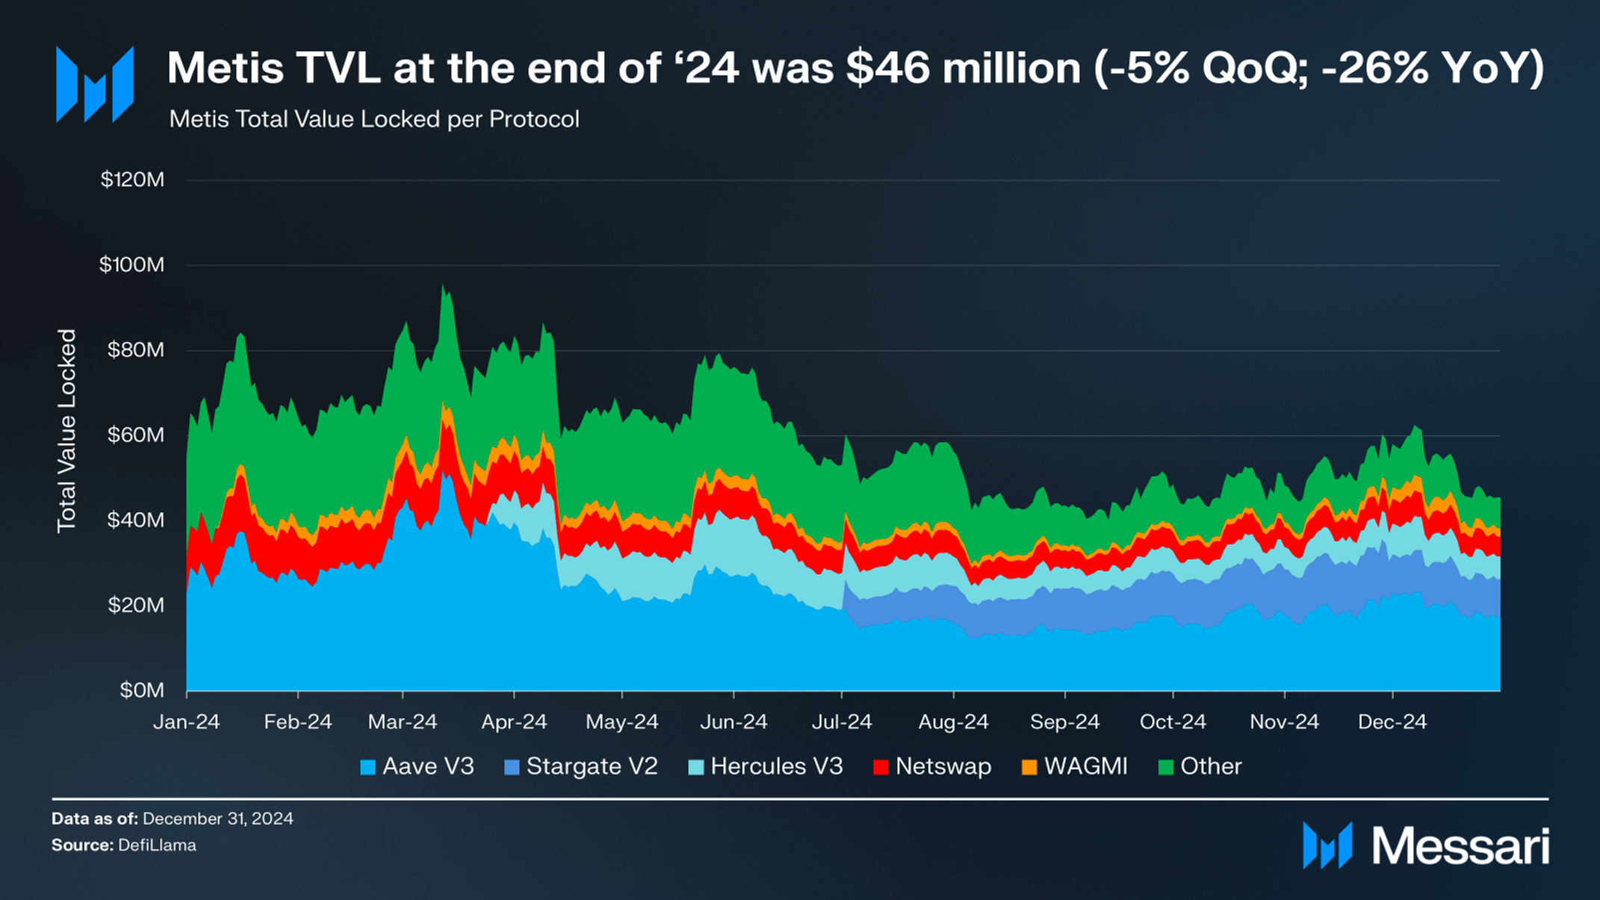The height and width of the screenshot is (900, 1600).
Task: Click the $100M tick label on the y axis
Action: click(131, 264)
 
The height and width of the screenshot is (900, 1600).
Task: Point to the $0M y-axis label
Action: click(141, 690)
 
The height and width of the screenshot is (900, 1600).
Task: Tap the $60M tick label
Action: click(135, 435)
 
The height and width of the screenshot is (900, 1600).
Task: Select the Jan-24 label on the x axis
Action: click(186, 721)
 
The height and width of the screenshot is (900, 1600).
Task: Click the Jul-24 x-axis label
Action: click(842, 721)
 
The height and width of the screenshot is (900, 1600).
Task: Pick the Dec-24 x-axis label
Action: click(1392, 721)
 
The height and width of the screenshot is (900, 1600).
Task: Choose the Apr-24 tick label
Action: click(514, 721)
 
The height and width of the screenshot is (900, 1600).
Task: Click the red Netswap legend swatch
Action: click(881, 767)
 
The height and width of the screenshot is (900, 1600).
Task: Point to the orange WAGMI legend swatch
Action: click(1029, 767)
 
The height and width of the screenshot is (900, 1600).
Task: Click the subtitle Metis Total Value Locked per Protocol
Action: click(374, 120)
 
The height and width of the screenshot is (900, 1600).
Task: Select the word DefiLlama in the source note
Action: click(157, 845)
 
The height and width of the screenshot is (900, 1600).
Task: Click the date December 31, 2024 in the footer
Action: click(217, 819)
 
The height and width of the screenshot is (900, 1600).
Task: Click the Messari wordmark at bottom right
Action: click(1460, 846)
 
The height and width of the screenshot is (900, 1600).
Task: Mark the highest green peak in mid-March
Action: click(443, 285)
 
